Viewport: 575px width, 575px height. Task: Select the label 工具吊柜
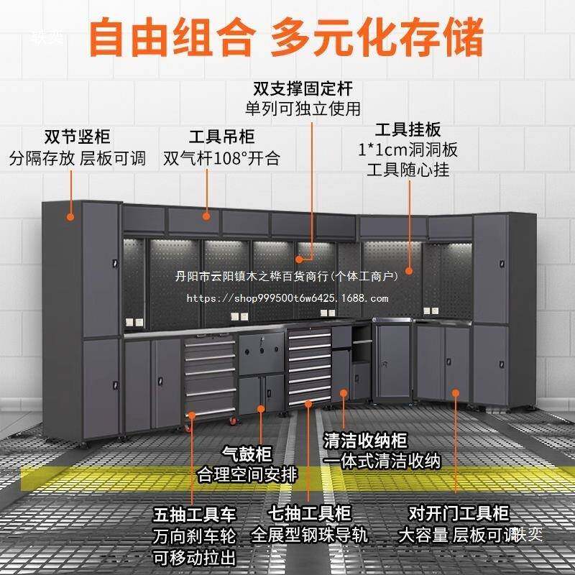(221, 137)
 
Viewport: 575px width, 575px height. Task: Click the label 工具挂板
(408, 130)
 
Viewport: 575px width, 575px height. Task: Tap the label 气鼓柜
(247, 454)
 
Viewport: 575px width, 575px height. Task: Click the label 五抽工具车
(195, 515)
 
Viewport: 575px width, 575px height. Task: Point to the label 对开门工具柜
(458, 515)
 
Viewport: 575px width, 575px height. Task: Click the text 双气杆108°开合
(221, 157)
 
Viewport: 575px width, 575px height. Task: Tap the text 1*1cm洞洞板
(408, 151)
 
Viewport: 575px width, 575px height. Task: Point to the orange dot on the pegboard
(409, 272)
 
